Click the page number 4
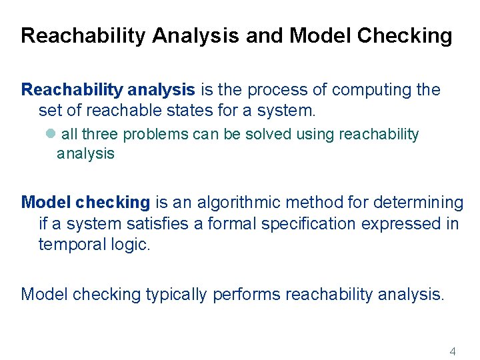point(453,351)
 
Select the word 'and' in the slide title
point(263,36)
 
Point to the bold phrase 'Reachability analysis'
point(108,90)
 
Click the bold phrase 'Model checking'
point(86,202)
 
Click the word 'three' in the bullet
point(101,135)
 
